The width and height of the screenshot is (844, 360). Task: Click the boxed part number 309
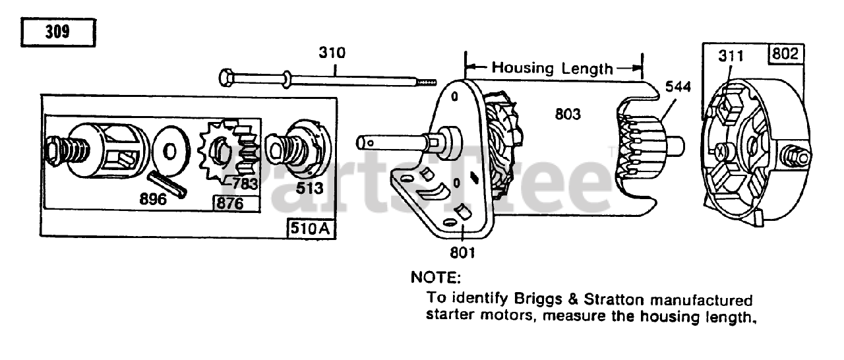pyautogui.click(x=58, y=32)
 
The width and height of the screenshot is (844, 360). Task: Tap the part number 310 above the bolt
pyautogui.click(x=332, y=53)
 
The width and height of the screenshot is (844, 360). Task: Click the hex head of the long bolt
pyautogui.click(x=224, y=78)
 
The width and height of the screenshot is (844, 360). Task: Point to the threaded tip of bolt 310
pyautogui.click(x=429, y=82)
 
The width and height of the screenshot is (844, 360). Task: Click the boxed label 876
pyautogui.click(x=228, y=203)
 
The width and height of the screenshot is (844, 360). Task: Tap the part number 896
pyautogui.click(x=152, y=198)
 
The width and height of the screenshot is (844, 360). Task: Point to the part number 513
pyautogui.click(x=310, y=188)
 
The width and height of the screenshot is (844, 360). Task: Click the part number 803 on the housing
pyautogui.click(x=567, y=114)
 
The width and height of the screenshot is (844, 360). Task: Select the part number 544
pyautogui.click(x=678, y=86)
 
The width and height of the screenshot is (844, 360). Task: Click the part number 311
pyautogui.click(x=731, y=56)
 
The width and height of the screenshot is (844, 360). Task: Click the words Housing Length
pyautogui.click(x=553, y=68)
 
